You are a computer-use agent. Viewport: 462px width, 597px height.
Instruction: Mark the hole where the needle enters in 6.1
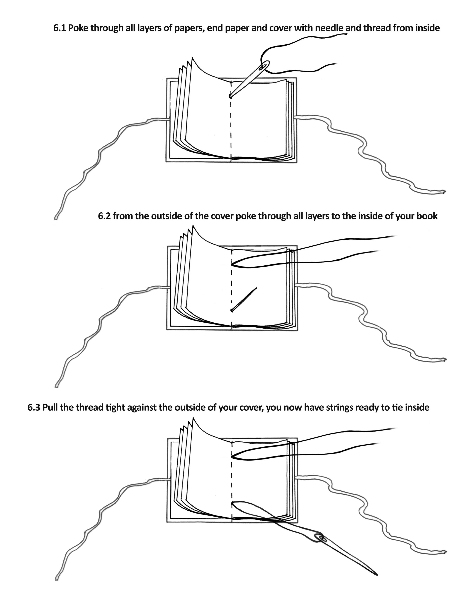[230, 96]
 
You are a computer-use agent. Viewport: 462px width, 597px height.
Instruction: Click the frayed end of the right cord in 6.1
[444, 192]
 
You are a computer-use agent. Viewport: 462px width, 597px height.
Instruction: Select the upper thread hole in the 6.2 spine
[232, 265]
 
